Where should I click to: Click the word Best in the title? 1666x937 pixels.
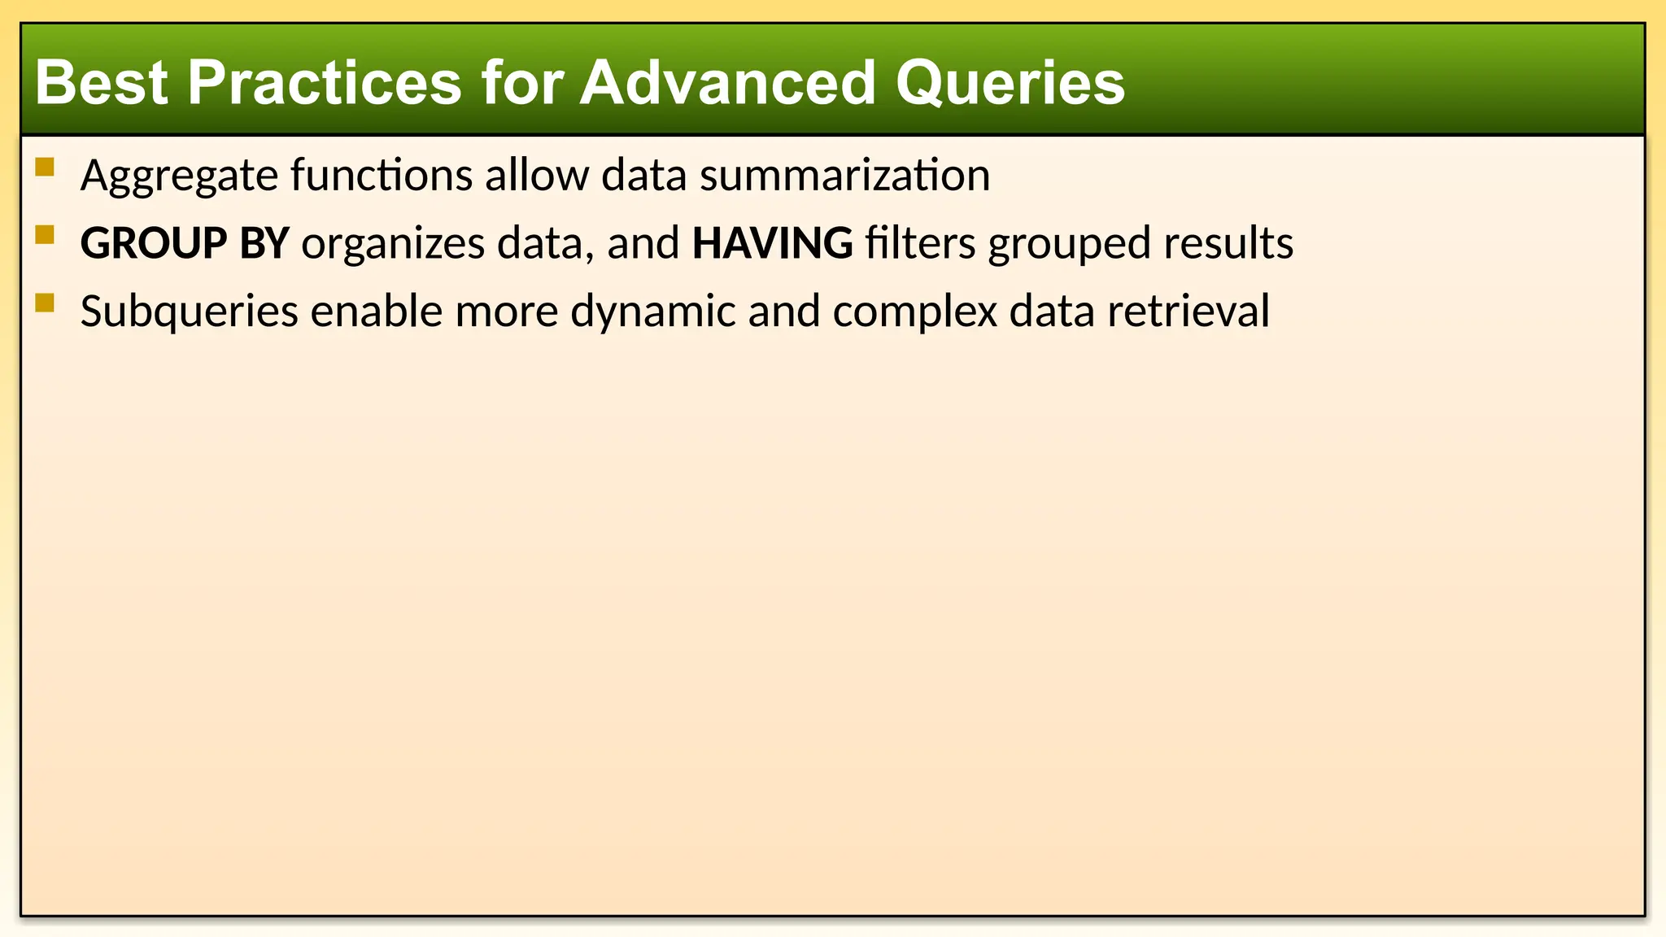click(101, 83)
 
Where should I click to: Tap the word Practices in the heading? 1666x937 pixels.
click(324, 83)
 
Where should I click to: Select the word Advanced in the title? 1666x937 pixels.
click(727, 83)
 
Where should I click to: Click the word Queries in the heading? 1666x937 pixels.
click(1010, 83)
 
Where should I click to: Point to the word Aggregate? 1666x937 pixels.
click(179, 176)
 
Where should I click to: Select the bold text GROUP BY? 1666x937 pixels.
click(185, 243)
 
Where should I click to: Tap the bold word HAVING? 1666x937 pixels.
click(772, 243)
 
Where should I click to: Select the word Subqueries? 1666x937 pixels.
click(189, 312)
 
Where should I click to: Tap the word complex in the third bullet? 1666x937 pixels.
click(914, 312)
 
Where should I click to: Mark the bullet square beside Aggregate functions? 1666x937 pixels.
click(45, 168)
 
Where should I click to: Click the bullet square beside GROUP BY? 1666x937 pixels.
click(45, 235)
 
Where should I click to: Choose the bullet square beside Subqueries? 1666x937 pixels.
click(45, 303)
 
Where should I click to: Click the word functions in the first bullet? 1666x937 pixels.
click(381, 176)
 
